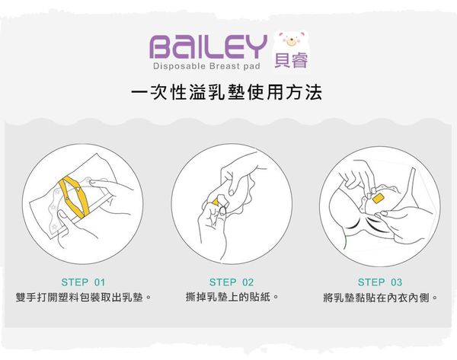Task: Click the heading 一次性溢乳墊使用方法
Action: tap(227, 94)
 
